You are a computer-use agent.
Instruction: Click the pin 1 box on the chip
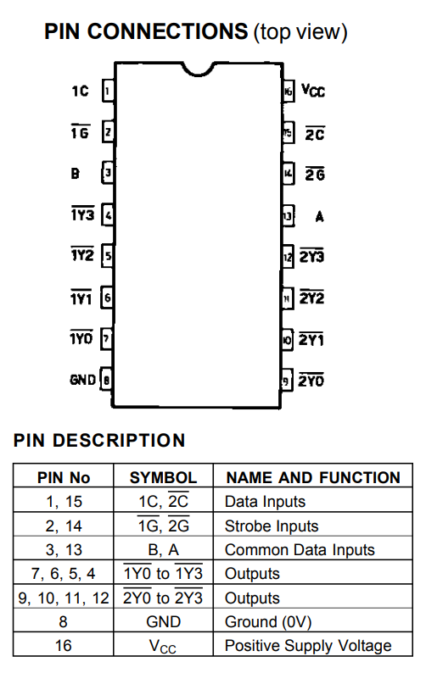point(108,91)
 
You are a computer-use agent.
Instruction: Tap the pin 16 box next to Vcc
point(288,91)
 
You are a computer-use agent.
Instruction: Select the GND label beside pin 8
point(82,380)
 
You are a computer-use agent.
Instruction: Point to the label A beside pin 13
point(319,216)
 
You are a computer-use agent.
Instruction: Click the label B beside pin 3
point(76,174)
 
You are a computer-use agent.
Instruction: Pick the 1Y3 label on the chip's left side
point(82,214)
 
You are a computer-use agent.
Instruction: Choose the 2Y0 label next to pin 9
point(311,380)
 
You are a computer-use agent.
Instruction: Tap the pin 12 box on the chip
point(288,257)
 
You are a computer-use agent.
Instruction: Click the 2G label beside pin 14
point(315,174)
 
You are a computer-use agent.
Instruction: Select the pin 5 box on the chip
point(108,256)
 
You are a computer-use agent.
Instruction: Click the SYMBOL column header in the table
point(163,477)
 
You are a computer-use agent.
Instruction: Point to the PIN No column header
point(64,477)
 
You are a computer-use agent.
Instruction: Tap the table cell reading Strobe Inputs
point(272,526)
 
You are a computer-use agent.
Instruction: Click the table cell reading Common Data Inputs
point(300,550)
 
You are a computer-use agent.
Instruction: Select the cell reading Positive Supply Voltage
point(308,646)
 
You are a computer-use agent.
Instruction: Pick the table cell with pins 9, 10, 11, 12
point(64,598)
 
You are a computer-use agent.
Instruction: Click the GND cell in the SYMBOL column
point(163,621)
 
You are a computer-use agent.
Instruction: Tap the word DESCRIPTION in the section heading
point(119,441)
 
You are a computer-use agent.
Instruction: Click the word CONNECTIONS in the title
point(168,31)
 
